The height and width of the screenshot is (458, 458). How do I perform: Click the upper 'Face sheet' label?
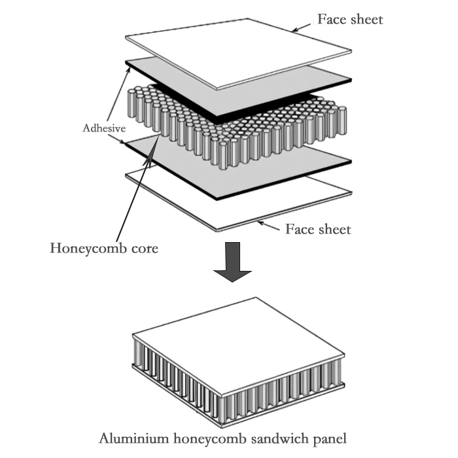[x=349, y=19]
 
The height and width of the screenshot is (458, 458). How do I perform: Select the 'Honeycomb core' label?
[x=104, y=249]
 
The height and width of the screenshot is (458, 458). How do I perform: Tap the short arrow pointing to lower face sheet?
[x=268, y=225]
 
